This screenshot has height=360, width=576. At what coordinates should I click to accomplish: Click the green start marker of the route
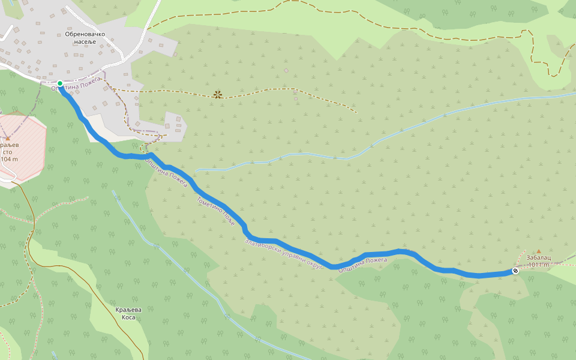(60, 83)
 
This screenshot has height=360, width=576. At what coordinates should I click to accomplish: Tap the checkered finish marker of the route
(515, 271)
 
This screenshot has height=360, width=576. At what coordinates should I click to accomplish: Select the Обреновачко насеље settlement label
(85, 38)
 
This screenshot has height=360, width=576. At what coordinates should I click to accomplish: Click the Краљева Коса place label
(128, 313)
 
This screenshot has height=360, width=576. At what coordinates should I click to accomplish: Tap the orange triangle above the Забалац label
(538, 251)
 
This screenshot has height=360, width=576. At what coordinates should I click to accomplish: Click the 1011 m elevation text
(538, 265)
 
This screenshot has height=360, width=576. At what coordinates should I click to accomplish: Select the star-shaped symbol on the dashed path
(217, 94)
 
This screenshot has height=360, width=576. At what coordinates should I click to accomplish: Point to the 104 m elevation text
(10, 159)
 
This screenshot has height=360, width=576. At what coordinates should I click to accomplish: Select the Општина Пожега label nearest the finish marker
(362, 265)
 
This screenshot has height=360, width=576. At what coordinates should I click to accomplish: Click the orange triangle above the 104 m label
(7, 138)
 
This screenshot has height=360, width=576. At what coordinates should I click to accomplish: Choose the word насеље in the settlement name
(85, 42)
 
